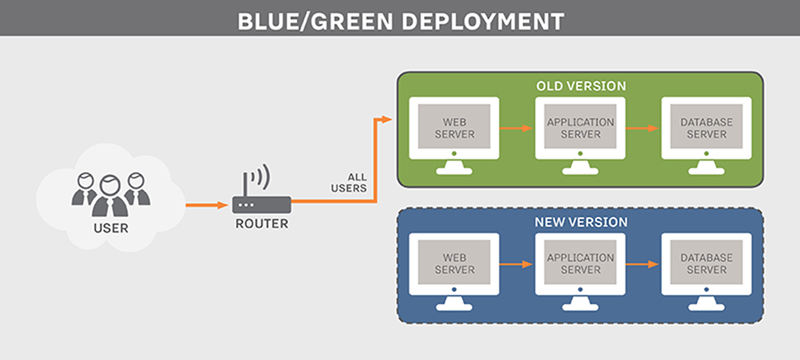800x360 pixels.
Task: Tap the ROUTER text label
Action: click(x=261, y=223)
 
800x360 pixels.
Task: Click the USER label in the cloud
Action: click(x=110, y=228)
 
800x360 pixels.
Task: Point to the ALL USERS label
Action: click(x=349, y=183)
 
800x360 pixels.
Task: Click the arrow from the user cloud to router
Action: click(x=206, y=204)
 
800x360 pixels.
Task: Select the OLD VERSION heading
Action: click(x=581, y=86)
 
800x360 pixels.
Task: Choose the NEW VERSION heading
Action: click(x=581, y=222)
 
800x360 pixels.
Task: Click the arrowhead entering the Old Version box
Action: click(x=388, y=120)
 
